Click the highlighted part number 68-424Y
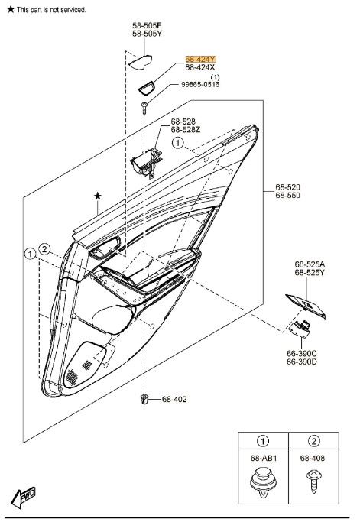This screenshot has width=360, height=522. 201,59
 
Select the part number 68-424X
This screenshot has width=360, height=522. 201,68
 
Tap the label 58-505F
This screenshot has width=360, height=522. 147,25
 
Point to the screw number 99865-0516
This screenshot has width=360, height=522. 200,85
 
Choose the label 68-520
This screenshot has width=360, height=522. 288,186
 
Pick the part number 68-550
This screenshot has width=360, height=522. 288,196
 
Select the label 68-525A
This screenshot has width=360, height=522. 310,264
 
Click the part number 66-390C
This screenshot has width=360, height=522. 302,353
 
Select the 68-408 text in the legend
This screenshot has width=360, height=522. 311,459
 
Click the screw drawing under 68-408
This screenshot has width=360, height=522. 311,480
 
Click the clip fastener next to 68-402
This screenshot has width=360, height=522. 144,398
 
